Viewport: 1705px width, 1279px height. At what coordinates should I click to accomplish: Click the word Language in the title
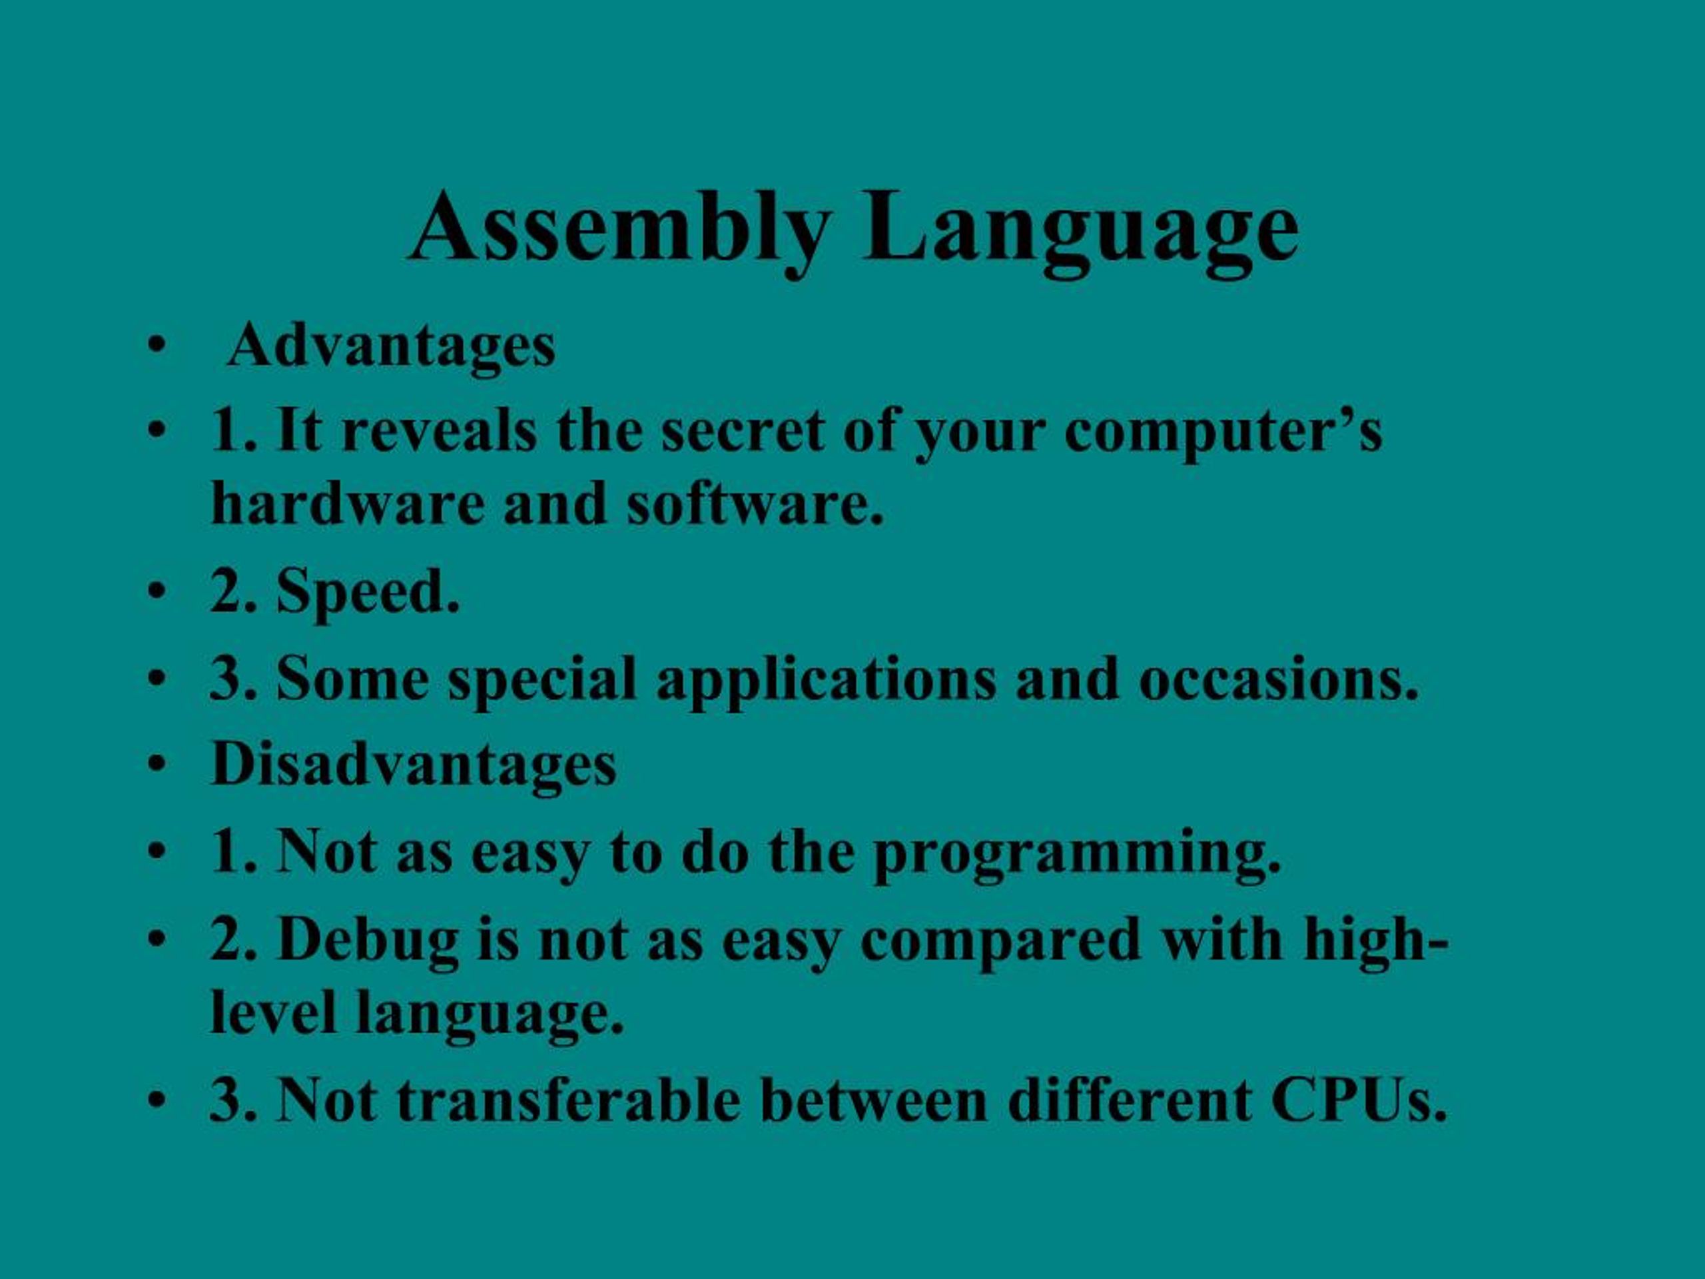tap(1081, 229)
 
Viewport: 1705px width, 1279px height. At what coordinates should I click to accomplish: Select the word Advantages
tap(392, 346)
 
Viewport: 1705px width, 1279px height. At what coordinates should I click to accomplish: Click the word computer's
tap(1223, 432)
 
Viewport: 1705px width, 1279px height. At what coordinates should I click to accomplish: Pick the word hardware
tap(346, 504)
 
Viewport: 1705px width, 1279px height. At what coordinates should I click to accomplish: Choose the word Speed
tap(367, 592)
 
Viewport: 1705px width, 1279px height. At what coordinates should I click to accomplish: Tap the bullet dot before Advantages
tap(156, 346)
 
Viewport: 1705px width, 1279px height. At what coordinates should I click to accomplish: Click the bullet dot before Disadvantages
tap(157, 765)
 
